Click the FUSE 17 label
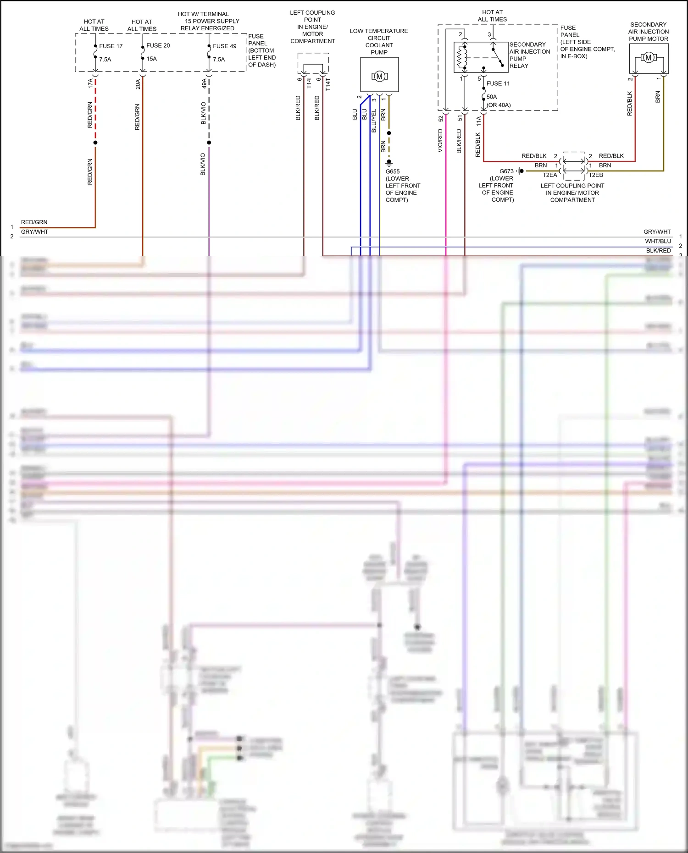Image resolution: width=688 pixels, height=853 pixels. coord(111,46)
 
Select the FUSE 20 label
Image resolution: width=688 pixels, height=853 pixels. coord(158,46)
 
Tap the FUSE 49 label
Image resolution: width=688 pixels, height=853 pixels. coord(224,46)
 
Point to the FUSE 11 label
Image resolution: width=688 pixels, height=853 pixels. coord(498,83)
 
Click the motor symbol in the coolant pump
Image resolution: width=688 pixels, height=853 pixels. coord(379,77)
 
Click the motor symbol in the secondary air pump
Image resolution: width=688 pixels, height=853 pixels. coord(648,58)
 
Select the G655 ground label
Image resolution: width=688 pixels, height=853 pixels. coord(393,171)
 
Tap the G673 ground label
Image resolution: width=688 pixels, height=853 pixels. coord(506,171)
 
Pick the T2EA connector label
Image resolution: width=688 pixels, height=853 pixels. coord(549,175)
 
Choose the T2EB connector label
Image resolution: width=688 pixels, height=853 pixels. coord(596,175)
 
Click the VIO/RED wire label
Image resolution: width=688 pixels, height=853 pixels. coord(440,141)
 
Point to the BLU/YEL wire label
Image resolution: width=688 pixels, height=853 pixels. coord(374,121)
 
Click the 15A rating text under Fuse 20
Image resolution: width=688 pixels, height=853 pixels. coord(152,59)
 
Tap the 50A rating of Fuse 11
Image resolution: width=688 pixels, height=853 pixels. coord(492,97)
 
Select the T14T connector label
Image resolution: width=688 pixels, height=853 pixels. coord(328,84)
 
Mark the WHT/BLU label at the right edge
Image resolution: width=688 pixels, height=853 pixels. coord(658,241)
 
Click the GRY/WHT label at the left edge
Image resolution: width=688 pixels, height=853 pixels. coord(34,232)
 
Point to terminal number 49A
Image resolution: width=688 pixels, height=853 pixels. coord(204,83)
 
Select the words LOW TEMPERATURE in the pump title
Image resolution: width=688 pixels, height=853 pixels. coord(379,31)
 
